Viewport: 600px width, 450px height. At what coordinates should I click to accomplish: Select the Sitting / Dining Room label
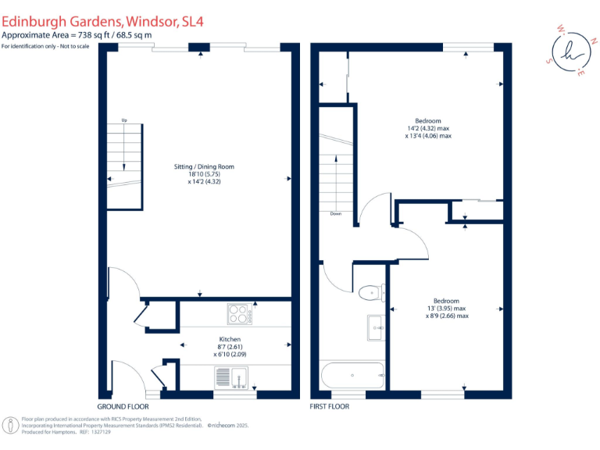pos(204,166)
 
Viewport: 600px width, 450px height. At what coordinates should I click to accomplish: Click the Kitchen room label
pos(229,339)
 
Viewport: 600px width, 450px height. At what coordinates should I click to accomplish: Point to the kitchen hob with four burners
pos(238,313)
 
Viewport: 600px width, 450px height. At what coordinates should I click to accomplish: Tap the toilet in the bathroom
pos(369,292)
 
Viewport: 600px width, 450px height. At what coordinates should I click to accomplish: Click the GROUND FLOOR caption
pos(123,407)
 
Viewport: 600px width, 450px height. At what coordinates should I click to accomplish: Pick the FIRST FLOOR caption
pos(330,407)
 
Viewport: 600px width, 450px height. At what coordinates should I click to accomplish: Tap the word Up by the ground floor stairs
pos(123,120)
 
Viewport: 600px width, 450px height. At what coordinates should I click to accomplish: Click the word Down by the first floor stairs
pos(336,213)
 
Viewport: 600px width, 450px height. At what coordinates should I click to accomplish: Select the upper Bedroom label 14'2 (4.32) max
pos(428,128)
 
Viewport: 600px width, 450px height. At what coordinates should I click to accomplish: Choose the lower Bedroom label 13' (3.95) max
pos(447,308)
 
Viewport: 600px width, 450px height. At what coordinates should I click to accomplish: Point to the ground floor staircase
pos(124,168)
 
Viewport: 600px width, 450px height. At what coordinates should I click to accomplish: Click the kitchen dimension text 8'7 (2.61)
pos(229,347)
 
